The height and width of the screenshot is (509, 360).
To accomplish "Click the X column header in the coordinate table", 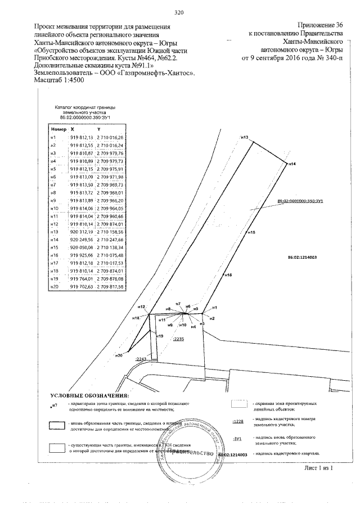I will (72, 129).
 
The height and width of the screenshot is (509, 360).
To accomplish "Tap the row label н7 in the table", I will (53, 184).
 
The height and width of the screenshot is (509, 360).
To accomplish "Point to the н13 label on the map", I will (244, 137).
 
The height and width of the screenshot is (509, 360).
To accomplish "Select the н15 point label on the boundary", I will (251, 232).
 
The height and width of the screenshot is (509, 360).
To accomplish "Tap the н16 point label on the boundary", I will (228, 274).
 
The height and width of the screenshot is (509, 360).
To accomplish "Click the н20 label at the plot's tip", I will (119, 355).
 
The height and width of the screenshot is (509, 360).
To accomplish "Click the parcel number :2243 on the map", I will (141, 358).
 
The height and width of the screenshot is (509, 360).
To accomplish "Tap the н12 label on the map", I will (142, 307).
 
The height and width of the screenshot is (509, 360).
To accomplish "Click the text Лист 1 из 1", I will (319, 467).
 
